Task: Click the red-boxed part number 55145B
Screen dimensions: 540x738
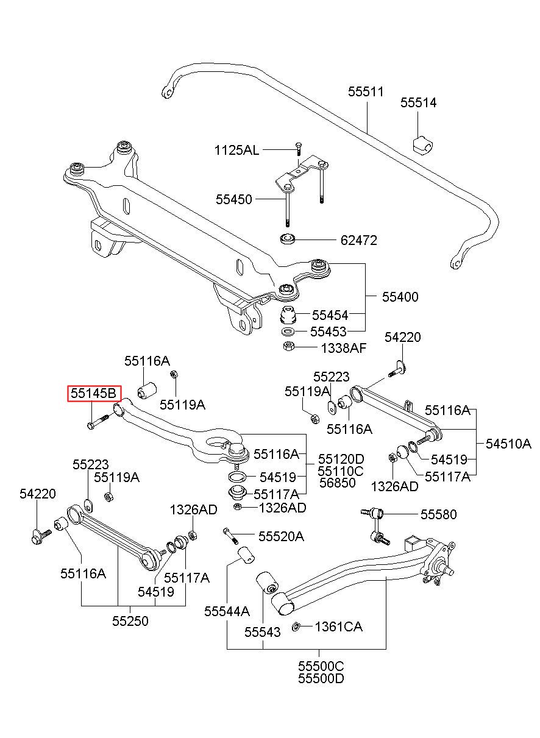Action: click(x=94, y=394)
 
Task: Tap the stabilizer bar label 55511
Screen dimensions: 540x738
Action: click(x=366, y=91)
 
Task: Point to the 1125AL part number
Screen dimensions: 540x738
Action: click(x=236, y=151)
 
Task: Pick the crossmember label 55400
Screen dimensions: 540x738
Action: click(x=400, y=297)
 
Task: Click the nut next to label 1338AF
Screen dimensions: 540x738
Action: click(x=289, y=346)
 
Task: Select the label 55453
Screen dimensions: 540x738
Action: click(x=328, y=332)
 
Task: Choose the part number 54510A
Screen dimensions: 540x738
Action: click(x=508, y=444)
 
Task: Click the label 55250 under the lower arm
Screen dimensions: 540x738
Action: click(x=130, y=621)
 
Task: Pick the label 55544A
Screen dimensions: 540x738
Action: click(x=227, y=611)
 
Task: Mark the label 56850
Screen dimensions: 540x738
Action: click(x=338, y=483)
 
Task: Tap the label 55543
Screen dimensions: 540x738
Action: click(x=262, y=632)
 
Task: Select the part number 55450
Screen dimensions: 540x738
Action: click(x=233, y=199)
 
